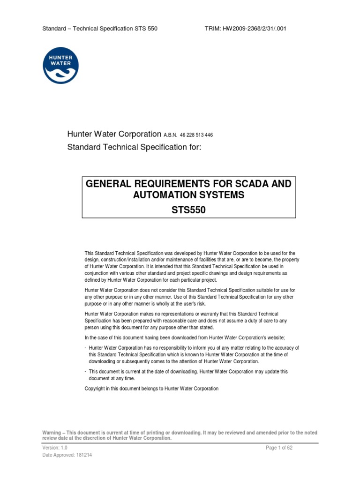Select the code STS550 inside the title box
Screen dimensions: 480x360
[189, 210]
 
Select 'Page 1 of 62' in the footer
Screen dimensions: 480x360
[279, 448]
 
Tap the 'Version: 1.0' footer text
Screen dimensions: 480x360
[55, 448]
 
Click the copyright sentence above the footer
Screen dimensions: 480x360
[151, 389]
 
